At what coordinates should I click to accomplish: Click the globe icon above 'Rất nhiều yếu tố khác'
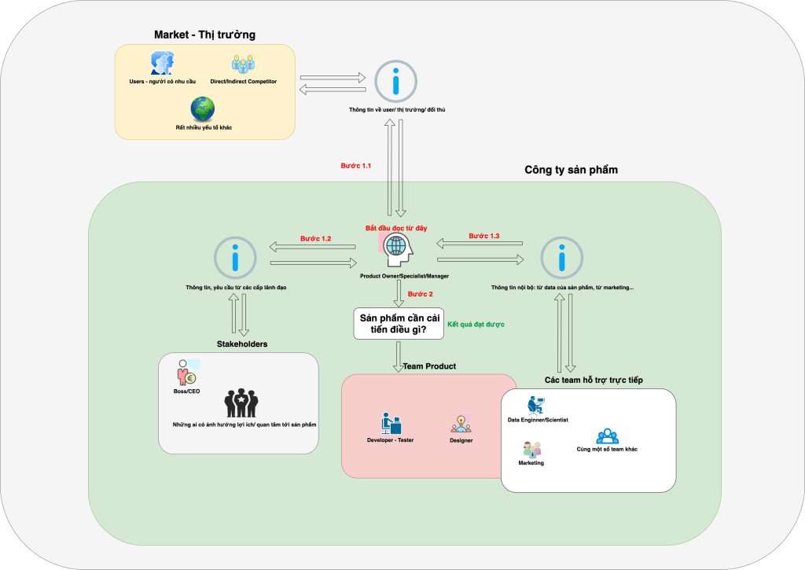click(x=203, y=108)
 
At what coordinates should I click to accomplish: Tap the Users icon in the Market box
click(x=162, y=64)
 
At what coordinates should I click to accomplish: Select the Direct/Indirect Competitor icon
click(x=243, y=64)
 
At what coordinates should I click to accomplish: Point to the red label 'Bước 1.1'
click(x=355, y=166)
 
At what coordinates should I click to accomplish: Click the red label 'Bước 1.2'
click(x=315, y=238)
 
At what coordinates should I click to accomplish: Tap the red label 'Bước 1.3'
click(x=484, y=236)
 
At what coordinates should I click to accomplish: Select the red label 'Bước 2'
click(x=421, y=294)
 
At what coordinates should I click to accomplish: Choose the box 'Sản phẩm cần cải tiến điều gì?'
click(x=398, y=323)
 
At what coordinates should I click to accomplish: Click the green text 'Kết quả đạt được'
click(x=476, y=324)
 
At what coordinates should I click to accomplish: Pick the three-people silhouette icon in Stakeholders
click(x=242, y=403)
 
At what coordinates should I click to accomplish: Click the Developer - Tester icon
click(x=390, y=423)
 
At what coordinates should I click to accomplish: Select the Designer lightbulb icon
click(x=461, y=424)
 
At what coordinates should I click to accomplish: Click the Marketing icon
click(x=531, y=450)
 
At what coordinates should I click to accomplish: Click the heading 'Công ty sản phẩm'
click(x=571, y=170)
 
